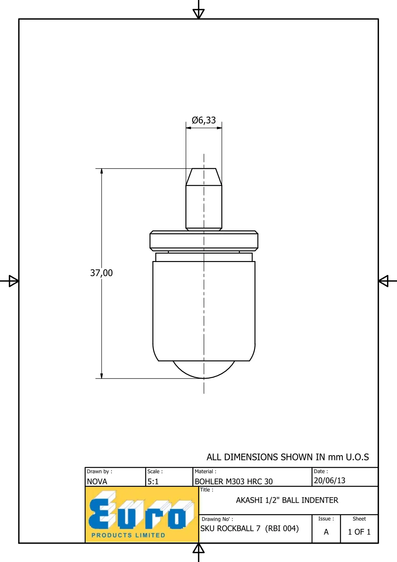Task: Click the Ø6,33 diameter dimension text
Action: pos(204,120)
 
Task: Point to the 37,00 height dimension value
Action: pos(101,273)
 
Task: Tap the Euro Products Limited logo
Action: pos(142,515)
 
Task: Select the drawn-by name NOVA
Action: pos(97,481)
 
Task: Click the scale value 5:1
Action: pos(153,481)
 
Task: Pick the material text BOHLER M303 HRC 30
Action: pos(234,481)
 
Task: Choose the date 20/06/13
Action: pos(330,481)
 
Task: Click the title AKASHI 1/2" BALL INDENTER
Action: pos(287,500)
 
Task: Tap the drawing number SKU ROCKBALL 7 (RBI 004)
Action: pos(250,528)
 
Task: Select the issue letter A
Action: pos(326,532)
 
